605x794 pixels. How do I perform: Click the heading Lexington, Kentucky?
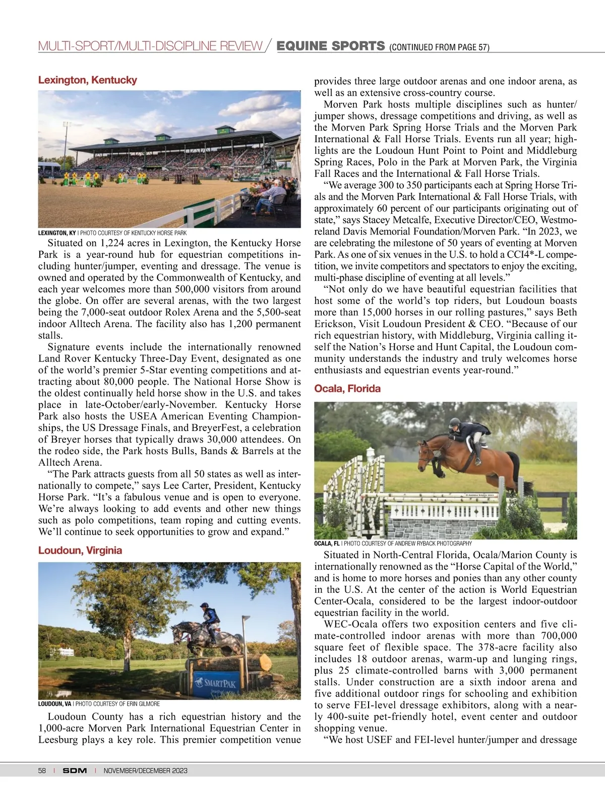tap(88, 80)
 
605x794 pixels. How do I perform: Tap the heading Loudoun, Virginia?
tap(80, 550)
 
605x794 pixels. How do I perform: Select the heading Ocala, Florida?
tap(347, 389)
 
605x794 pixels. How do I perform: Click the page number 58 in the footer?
tap(42, 770)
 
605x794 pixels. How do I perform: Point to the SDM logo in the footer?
tap(75, 770)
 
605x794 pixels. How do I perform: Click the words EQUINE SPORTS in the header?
tap(331, 46)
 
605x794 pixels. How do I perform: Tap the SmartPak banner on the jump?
tap(216, 684)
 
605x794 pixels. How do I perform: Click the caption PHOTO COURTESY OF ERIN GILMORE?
tap(117, 704)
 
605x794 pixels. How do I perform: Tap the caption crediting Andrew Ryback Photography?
tap(407, 543)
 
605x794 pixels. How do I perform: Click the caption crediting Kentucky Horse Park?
tap(133, 233)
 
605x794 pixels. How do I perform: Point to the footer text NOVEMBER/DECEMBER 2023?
tap(145, 770)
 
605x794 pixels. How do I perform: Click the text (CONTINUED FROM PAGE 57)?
tap(439, 47)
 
